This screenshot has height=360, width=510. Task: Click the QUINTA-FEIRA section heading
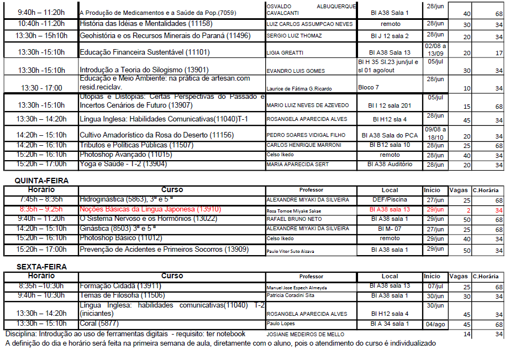click(41, 181)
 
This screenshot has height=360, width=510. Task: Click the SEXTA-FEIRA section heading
click(41, 267)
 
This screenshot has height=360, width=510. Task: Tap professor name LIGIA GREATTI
click(285, 53)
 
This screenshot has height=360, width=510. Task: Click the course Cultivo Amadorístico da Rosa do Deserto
click(156, 135)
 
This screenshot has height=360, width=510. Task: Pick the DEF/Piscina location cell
click(390, 200)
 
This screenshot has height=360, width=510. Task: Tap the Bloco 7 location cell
click(369, 87)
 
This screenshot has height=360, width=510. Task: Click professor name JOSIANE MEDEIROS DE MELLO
click(305, 334)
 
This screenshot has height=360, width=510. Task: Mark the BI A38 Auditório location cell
click(390, 164)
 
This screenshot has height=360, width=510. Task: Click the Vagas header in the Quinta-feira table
click(458, 190)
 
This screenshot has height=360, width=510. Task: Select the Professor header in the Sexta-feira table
click(311, 277)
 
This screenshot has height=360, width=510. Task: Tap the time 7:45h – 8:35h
click(41, 199)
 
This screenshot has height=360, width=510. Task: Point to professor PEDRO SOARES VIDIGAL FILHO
click(306, 135)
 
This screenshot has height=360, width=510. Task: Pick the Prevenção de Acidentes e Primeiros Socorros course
click(164, 250)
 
